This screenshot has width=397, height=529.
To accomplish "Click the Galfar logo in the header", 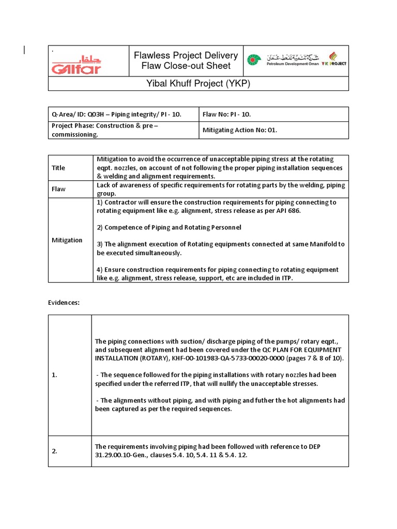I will pos(76,64).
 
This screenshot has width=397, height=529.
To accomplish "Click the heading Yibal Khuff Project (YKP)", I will pos(198,84).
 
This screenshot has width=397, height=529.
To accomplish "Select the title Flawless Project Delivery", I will pos(186,56).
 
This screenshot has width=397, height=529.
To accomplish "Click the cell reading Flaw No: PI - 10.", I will pos(227,114).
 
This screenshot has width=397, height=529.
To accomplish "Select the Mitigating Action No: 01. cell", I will pos(239,130).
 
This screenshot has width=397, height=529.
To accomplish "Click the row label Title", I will pos(58,168).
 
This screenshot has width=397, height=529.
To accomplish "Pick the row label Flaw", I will pos(58,189).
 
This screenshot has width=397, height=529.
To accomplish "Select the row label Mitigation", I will pos(67,240).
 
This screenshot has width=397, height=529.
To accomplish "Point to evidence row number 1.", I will pos(54,375).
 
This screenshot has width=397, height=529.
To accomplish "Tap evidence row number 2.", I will pos(54,451).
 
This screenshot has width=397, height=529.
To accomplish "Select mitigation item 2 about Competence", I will pos(169,227).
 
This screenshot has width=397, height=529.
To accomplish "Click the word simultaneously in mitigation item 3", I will pos(156,253).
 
